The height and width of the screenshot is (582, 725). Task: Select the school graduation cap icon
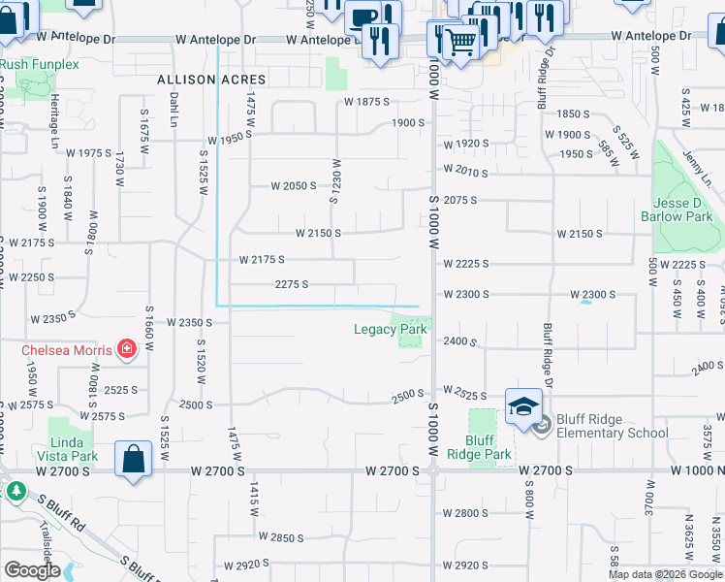coord(523,406)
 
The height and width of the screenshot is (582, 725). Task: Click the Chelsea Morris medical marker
coord(126,348)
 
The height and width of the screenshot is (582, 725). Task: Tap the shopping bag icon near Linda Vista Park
coord(133,460)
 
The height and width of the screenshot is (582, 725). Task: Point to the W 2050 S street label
coord(294,185)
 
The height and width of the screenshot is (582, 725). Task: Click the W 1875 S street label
coord(366,101)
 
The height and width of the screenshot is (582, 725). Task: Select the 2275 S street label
coord(292,284)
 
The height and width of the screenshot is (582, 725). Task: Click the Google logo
coord(31,570)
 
